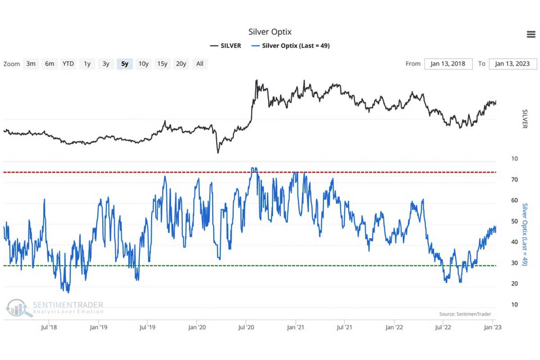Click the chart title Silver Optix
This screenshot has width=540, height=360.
(270, 32)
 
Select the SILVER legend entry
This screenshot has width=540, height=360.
(225, 45)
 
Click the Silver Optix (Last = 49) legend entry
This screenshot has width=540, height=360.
(291, 45)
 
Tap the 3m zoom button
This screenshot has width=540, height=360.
(31, 64)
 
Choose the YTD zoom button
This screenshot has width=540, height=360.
(68, 64)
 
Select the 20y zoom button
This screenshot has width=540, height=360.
(181, 64)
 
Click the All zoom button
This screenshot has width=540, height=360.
(200, 64)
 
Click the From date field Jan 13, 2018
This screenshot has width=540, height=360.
(448, 64)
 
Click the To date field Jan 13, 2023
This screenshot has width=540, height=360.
(513, 64)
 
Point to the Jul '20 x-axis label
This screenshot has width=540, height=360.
(246, 327)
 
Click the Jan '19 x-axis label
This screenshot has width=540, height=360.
(98, 327)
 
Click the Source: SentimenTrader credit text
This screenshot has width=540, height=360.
(465, 314)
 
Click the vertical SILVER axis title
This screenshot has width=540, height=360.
(524, 118)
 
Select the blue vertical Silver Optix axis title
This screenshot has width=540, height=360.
(524, 234)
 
